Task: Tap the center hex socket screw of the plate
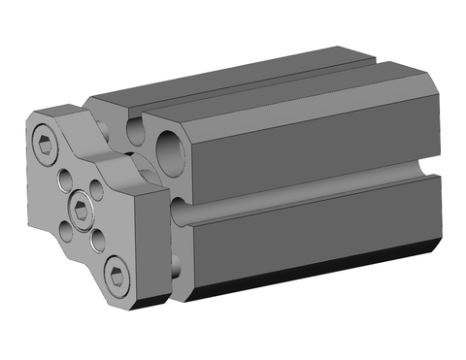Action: pyautogui.click(x=83, y=205)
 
